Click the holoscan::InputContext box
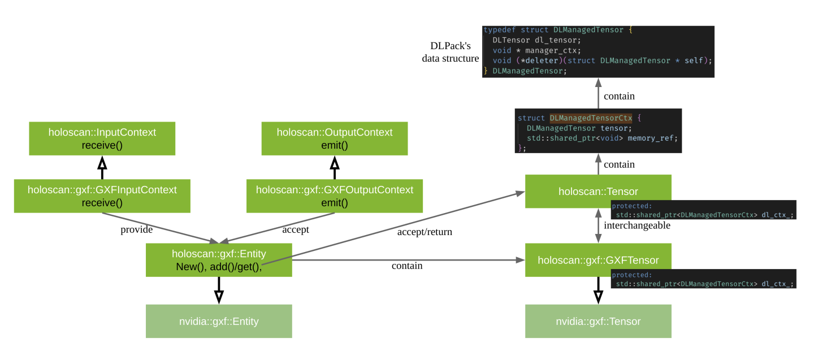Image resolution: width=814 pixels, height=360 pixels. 102,138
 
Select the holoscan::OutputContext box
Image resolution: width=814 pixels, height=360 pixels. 334,138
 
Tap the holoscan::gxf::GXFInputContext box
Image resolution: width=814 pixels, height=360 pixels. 102,196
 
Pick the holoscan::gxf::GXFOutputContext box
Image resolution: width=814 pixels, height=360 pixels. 334,196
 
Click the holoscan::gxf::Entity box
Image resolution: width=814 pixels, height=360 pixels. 218,260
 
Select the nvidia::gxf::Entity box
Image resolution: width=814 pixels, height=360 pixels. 218,321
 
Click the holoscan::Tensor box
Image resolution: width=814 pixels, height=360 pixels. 597,191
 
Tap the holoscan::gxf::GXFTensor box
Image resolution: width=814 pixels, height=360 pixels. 597,260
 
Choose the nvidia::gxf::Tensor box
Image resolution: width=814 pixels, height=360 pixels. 597,321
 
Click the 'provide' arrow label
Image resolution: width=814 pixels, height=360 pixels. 137,229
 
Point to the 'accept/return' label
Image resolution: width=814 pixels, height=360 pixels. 425,231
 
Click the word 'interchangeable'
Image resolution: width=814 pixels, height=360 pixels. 637,225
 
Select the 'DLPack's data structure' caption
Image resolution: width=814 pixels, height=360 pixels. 450,51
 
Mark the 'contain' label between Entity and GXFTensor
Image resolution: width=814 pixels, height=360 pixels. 407,266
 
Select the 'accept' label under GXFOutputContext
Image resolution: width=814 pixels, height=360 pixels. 296,229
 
